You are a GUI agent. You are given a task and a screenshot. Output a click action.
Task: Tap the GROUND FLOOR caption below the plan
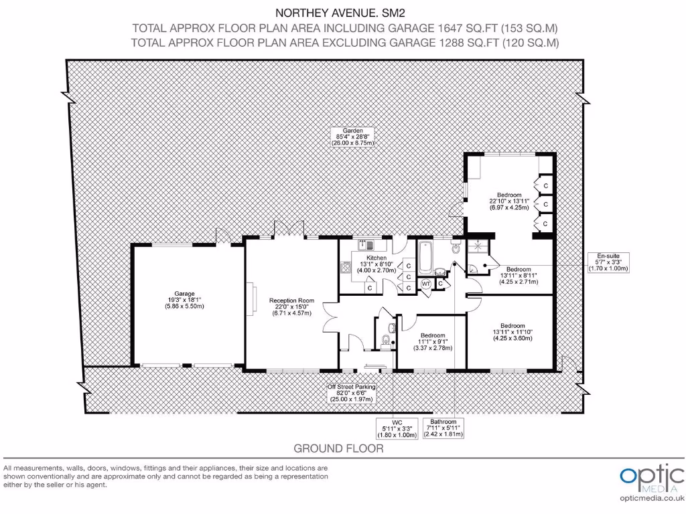coord(338,448)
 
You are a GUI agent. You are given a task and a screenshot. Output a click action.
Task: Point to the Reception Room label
coord(291,307)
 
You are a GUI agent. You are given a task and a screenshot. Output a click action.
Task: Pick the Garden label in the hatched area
coord(353,137)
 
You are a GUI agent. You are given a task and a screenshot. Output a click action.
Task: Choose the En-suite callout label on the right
coord(608,262)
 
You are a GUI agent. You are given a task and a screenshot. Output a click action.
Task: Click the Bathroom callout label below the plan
coord(443,428)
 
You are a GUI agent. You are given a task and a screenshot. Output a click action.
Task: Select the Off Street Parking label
coord(351,393)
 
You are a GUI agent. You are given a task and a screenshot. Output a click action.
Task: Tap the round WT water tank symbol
coord(426,284)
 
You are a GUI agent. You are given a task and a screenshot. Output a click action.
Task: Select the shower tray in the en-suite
coord(479,246)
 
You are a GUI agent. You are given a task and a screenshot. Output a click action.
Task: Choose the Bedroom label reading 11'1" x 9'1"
coord(433,341)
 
